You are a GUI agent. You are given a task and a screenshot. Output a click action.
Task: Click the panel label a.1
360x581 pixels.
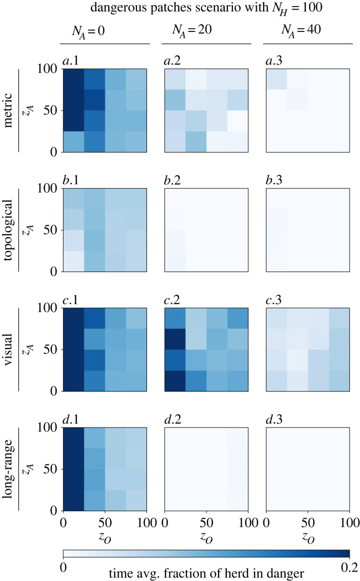72,61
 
